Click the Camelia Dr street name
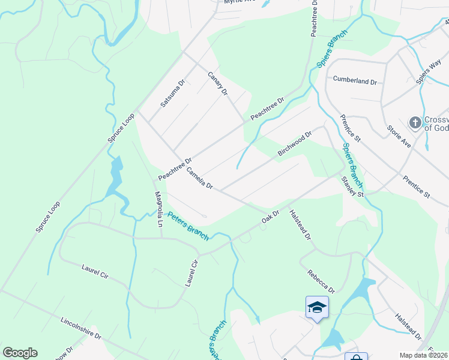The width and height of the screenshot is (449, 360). (x=200, y=178)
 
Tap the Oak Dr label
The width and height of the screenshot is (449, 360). (x=271, y=217)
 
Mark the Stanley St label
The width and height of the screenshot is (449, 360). (x=352, y=187)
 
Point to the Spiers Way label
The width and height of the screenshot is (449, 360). (x=429, y=70)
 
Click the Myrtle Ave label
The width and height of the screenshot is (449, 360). (x=240, y=2)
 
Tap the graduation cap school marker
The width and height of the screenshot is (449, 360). (x=317, y=308)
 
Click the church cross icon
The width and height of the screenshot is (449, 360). (x=415, y=123)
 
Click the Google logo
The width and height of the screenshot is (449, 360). (x=20, y=353)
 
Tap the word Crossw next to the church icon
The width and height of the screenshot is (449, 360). (x=436, y=119)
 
